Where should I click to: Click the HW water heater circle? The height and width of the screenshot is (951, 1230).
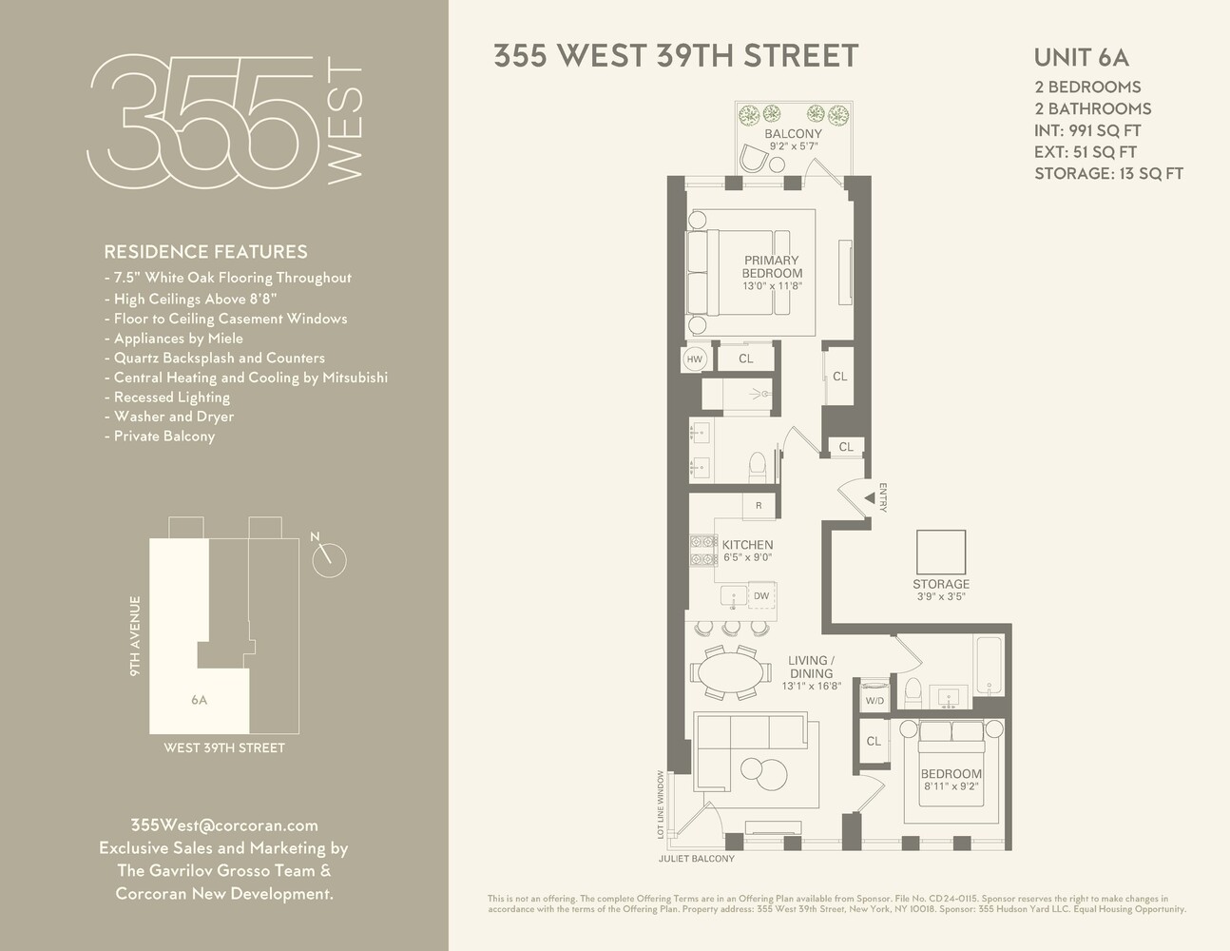tap(695, 359)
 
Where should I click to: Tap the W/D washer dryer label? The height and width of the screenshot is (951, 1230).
tap(874, 701)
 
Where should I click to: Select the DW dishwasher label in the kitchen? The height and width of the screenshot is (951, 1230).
tap(761, 596)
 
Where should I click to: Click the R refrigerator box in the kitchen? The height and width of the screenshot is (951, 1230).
tap(759, 506)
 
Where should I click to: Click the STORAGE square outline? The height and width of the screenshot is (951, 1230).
tap(941, 551)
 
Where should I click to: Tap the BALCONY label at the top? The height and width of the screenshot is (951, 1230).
tap(793, 134)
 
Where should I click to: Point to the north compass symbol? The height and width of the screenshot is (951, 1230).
tap(329, 558)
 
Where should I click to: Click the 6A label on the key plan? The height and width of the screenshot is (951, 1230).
tap(199, 700)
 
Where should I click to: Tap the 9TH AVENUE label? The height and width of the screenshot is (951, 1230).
tap(135, 636)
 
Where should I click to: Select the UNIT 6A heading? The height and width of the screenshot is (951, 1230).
tap(1081, 56)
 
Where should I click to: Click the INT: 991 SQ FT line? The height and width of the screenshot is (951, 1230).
tap(1087, 130)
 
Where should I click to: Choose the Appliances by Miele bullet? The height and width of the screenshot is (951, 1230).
tap(174, 339)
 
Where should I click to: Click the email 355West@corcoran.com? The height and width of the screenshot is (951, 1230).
tap(223, 825)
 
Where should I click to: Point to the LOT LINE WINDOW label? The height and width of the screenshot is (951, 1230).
tap(660, 805)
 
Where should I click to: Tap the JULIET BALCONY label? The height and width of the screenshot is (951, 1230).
tap(697, 858)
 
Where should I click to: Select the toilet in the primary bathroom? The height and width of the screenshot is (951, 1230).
tap(758, 465)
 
